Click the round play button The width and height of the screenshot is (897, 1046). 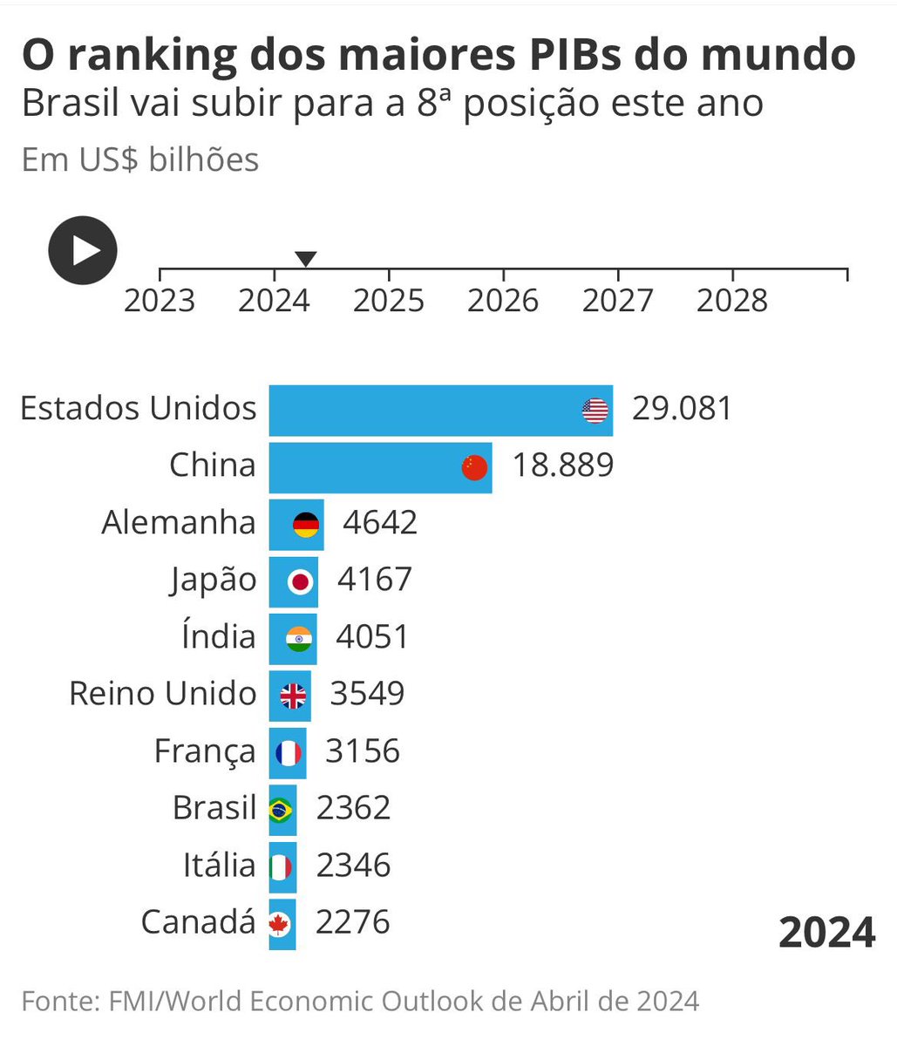[82, 250]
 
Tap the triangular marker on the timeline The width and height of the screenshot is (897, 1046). [305, 259]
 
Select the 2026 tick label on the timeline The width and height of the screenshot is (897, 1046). [503, 301]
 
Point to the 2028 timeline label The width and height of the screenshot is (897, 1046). [732, 301]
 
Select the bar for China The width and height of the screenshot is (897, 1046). [366, 467]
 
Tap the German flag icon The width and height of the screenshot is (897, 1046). [306, 524]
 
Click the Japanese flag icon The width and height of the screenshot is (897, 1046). [300, 581]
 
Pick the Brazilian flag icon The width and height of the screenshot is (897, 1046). [280, 810]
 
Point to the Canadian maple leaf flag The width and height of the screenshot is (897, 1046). [279, 923]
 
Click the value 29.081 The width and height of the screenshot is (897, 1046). [683, 408]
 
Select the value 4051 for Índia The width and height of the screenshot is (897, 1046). [372, 636]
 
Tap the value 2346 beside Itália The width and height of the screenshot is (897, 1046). [353, 866]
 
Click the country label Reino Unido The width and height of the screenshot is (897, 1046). [163, 694]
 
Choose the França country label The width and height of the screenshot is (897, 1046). [205, 751]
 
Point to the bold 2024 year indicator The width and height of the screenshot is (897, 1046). [826, 933]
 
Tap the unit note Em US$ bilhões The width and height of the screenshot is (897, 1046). [140, 160]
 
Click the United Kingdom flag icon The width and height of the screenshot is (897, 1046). [293, 696]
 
